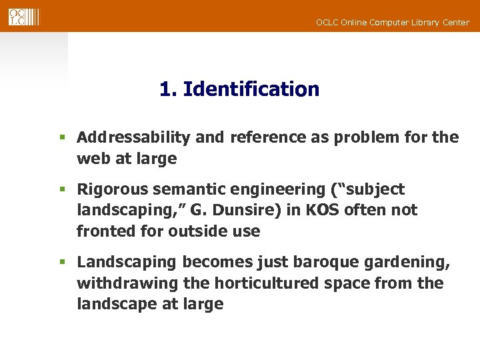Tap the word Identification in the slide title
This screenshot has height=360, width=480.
click(x=251, y=89)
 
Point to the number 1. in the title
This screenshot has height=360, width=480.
click(x=168, y=89)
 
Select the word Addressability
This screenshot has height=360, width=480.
click(x=134, y=138)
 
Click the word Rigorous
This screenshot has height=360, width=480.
click(x=114, y=189)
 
